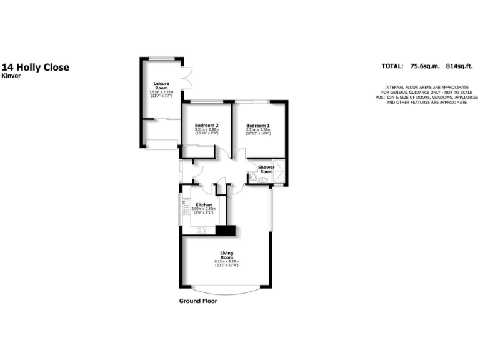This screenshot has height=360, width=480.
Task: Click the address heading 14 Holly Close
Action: (35, 67)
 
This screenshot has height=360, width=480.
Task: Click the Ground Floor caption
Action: (198, 301)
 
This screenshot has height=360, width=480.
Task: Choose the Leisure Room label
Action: (161, 85)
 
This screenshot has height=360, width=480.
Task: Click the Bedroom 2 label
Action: (206, 125)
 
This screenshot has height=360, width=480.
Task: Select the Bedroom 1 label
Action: (257, 125)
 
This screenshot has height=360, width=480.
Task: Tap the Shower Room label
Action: (266, 169)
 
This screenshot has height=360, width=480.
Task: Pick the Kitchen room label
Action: (204, 205)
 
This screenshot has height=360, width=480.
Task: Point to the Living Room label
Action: (226, 255)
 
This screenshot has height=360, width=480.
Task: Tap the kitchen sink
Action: (186, 204)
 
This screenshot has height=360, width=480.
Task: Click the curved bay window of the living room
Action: (226, 291)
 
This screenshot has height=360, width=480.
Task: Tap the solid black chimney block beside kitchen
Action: (226, 231)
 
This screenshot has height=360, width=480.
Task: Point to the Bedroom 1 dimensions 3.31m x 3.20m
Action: (257, 129)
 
